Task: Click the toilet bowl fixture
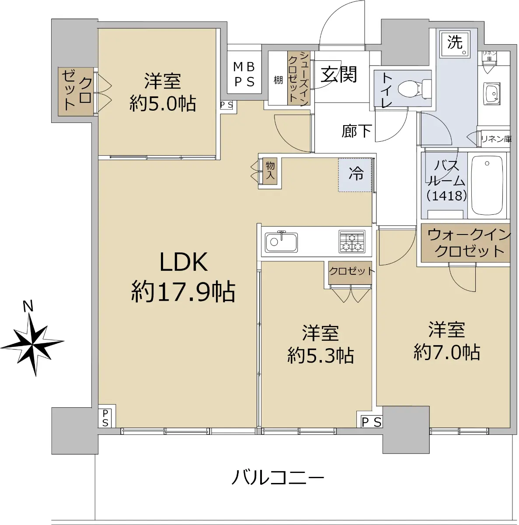click(414, 88)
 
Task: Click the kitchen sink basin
click(281, 242)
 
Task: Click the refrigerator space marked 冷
click(355, 175)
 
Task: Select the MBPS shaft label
click(244, 74)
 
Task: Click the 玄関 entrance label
click(338, 74)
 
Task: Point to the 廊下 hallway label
click(357, 131)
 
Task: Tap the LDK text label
click(184, 262)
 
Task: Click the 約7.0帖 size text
click(446, 352)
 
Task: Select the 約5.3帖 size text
click(320, 355)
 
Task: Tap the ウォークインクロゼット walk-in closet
click(465, 243)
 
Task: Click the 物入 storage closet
click(270, 171)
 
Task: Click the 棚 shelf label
click(278, 80)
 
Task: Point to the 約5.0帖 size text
click(163, 104)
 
